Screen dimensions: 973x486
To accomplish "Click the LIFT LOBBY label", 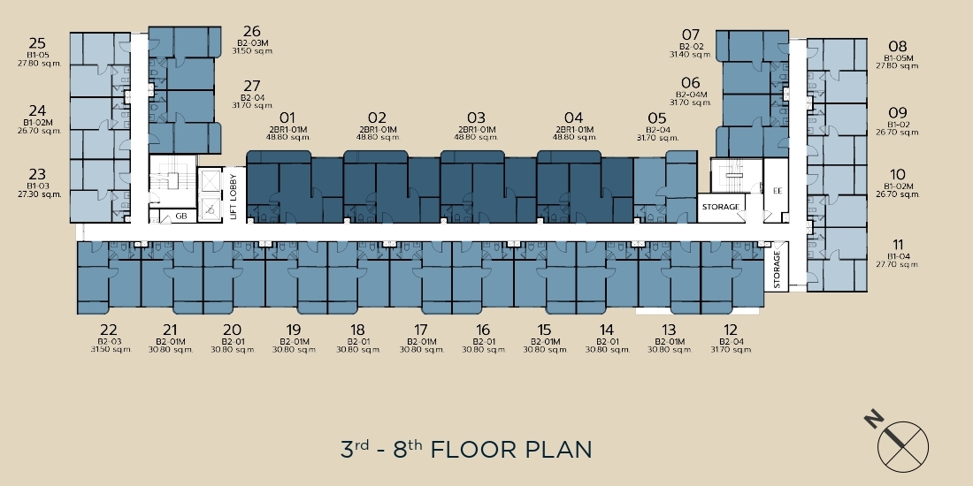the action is point(234,196).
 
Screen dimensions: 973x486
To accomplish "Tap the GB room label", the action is point(181,216).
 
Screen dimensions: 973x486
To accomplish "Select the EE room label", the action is point(777,191).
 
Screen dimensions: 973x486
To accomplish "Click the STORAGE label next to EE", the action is point(720,207).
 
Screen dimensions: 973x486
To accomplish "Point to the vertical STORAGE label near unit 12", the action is point(777,270).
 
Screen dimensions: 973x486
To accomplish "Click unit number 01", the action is point(287,118).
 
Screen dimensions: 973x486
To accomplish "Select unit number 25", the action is point(37,43).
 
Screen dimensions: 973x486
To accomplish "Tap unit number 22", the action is point(108,330).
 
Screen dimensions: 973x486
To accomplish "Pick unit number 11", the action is point(897,245).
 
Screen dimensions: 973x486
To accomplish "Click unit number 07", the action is point(691,34).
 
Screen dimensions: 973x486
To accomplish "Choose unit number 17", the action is point(420,330).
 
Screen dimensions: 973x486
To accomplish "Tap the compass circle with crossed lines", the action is point(903,447).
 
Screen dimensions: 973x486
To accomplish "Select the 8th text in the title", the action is point(408,448).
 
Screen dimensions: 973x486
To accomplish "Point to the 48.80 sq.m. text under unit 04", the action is point(574,137).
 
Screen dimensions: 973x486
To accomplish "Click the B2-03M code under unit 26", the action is point(252,42).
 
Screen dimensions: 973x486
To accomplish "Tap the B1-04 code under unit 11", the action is point(897,256).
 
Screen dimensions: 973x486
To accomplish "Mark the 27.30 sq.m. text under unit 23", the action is point(39,194).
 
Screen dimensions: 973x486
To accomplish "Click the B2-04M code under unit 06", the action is point(691,95).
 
